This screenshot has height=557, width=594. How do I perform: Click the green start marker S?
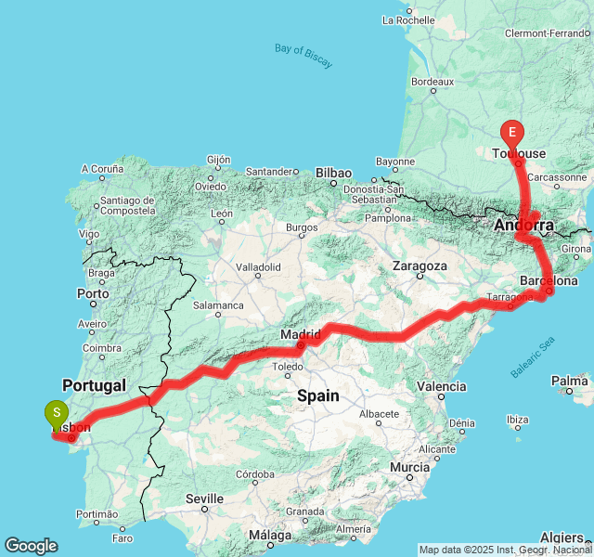(x=57, y=411)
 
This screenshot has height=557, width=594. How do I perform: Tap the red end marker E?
(x=511, y=133)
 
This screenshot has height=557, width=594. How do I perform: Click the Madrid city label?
(x=301, y=334)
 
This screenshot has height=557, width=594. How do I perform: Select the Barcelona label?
(x=549, y=280)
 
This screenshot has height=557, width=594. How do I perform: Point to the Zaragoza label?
(x=420, y=266)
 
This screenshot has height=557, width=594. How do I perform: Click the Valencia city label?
(x=442, y=386)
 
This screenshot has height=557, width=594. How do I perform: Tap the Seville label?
(x=204, y=499)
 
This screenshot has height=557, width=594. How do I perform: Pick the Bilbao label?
(x=333, y=173)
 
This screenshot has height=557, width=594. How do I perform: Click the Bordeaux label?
(x=432, y=82)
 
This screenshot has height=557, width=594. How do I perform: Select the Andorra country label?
(x=523, y=226)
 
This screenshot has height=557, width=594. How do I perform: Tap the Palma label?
(x=569, y=381)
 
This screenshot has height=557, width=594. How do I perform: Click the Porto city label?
(x=94, y=293)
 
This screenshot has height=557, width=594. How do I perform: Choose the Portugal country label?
(x=94, y=384)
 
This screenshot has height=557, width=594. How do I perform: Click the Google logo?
(x=31, y=546)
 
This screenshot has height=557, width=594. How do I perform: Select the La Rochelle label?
(x=408, y=19)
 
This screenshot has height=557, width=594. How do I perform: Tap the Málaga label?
(x=270, y=535)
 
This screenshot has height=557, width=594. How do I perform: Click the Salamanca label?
(x=218, y=304)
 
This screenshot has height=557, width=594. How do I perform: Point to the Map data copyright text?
(x=505, y=550)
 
